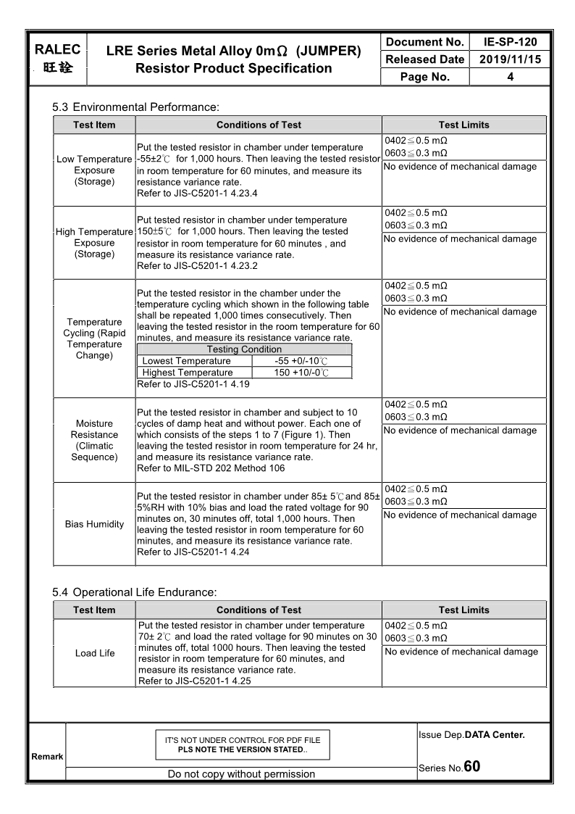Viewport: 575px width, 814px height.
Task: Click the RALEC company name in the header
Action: pyautogui.click(x=57, y=50)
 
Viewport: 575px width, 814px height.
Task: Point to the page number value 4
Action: pyautogui.click(x=510, y=77)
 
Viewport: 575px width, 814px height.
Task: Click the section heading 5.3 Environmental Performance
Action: pyautogui.click(x=135, y=107)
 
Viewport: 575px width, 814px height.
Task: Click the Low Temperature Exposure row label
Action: pyautogui.click(x=94, y=170)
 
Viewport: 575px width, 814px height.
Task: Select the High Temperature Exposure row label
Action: pyautogui.click(x=94, y=243)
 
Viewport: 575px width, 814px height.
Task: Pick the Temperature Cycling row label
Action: pyautogui.click(x=94, y=339)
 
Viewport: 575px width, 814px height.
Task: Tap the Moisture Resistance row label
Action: pyautogui.click(x=94, y=440)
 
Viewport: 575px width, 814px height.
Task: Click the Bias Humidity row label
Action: pyautogui.click(x=94, y=524)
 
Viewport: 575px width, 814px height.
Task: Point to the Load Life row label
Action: pyautogui.click(x=95, y=653)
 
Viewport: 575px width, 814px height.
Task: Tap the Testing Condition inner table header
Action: pyautogui.click(x=244, y=349)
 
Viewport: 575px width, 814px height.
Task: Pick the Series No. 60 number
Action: pyautogui.click(x=471, y=767)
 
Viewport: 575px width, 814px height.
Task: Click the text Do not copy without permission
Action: pyautogui.click(x=241, y=774)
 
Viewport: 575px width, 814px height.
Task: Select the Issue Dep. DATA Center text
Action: pyautogui.click(x=471, y=735)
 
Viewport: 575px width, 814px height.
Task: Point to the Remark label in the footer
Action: pyautogui.click(x=47, y=757)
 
